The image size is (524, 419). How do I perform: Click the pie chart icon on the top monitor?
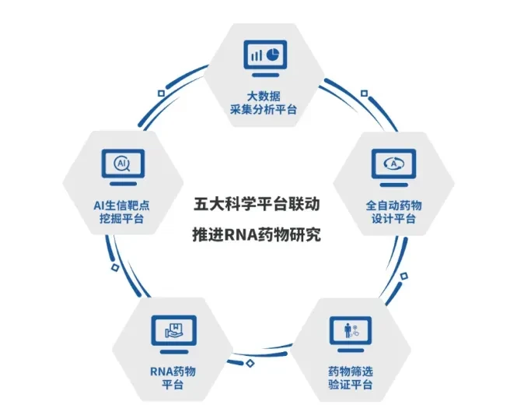[x=273, y=55]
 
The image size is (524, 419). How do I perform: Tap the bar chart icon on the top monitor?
[x=257, y=55]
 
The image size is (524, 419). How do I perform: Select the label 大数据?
[x=264, y=97]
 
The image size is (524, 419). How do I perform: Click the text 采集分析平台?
[x=264, y=110]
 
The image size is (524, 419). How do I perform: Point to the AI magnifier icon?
[x=122, y=164]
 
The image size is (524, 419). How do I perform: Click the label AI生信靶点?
[x=121, y=205]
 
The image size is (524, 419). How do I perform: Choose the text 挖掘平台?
[x=121, y=219]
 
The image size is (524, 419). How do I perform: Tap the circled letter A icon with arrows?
[x=393, y=164]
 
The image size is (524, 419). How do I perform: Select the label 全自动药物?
[x=393, y=205]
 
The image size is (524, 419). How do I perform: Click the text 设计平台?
[x=393, y=219]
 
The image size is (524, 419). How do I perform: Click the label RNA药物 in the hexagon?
[x=173, y=371]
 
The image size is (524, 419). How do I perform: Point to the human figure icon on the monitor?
[x=348, y=330]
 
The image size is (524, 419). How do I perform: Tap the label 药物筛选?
[x=350, y=371]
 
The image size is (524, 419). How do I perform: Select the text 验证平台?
[x=350, y=385]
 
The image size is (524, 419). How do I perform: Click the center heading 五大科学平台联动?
[x=257, y=204]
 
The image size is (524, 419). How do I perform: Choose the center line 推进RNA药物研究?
[x=257, y=234]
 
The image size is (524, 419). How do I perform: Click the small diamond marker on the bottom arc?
[x=250, y=363]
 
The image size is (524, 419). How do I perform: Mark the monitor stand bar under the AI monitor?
[x=123, y=184]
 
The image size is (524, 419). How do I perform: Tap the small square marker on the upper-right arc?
[x=365, y=93]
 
